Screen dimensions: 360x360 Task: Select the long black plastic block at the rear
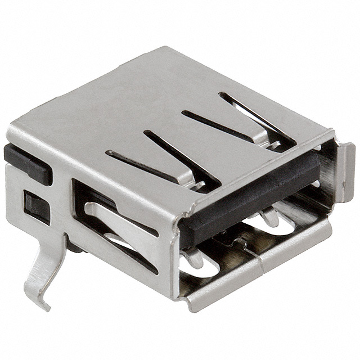point(26,164)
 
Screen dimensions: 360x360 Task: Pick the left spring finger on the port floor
point(194,256)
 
